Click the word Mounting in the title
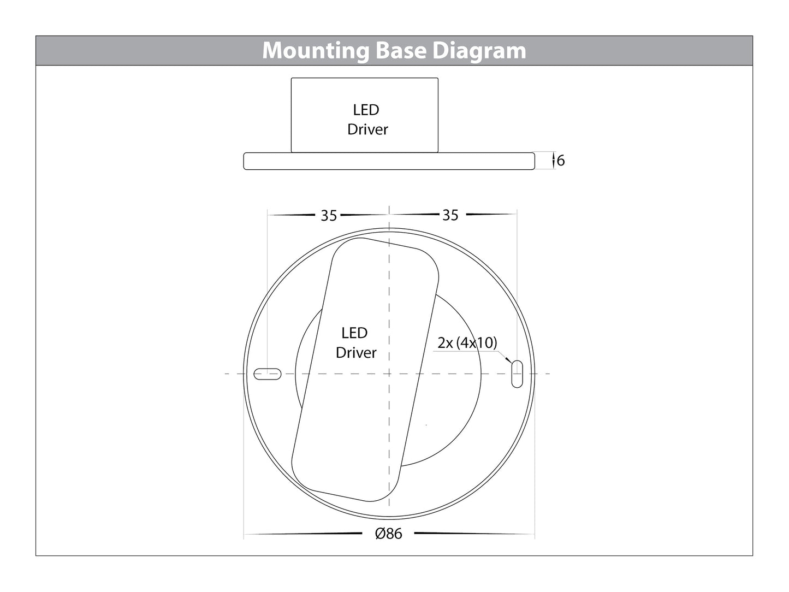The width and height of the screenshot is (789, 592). [x=316, y=51]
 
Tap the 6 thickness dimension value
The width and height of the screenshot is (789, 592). [x=561, y=161]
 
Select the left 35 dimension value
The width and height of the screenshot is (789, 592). [x=329, y=216]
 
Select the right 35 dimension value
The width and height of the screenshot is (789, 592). [x=450, y=215]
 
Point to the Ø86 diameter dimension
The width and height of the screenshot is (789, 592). [x=389, y=534]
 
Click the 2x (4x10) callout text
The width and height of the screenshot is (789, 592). [x=467, y=343]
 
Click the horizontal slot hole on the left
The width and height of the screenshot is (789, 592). [x=268, y=374]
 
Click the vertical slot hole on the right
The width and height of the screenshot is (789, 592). [x=517, y=374]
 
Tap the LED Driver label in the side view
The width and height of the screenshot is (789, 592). [x=367, y=120]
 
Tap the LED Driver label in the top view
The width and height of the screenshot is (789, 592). [x=355, y=343]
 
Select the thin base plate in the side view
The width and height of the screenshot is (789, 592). [x=389, y=161]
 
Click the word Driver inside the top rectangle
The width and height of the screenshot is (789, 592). [x=367, y=129]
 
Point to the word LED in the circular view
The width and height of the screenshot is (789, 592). [x=354, y=333]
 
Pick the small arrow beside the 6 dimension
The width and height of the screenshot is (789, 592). [x=554, y=161]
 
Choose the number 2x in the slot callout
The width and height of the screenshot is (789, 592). [x=445, y=343]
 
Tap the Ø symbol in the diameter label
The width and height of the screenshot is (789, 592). [x=381, y=534]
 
